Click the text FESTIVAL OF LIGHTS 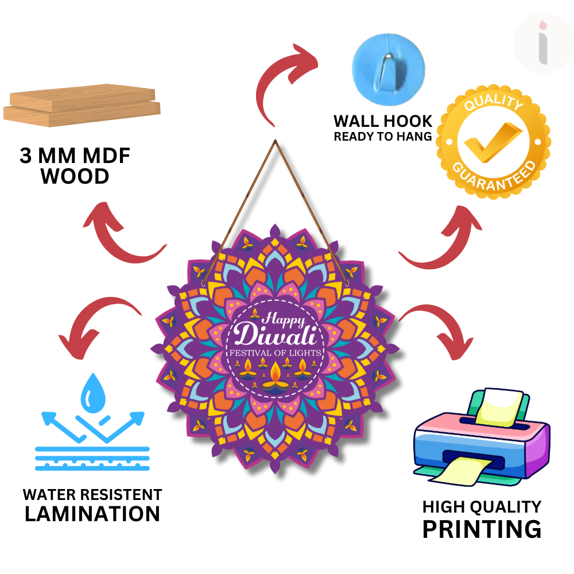[276, 352]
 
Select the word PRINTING [482, 528]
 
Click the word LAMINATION [92, 513]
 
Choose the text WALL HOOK [383, 121]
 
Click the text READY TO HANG [383, 137]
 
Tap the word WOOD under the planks [75, 176]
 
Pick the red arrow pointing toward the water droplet [98, 324]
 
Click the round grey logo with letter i [543, 44]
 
